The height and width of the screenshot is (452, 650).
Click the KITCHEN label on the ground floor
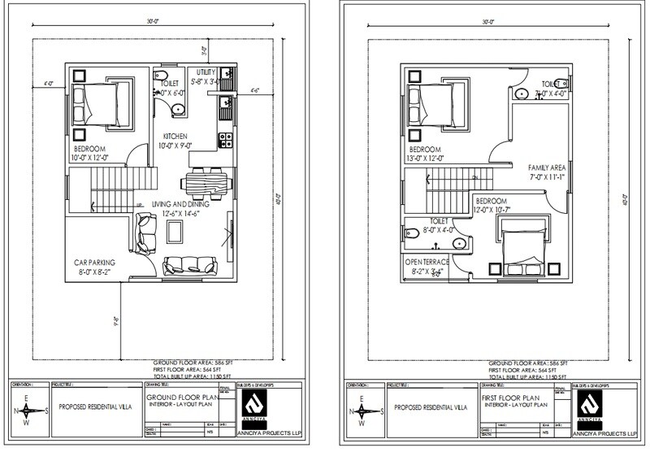pyautogui.click(x=175, y=135)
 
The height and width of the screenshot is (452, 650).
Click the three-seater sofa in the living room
pyautogui.click(x=190, y=265)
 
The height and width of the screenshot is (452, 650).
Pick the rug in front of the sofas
pyautogui.click(x=175, y=232)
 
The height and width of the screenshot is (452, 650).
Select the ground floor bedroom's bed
pyautogui.click(x=102, y=103)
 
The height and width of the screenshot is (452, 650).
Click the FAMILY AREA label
pyautogui.click(x=545, y=167)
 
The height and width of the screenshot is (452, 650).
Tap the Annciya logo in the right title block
pyautogui.click(x=590, y=405)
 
